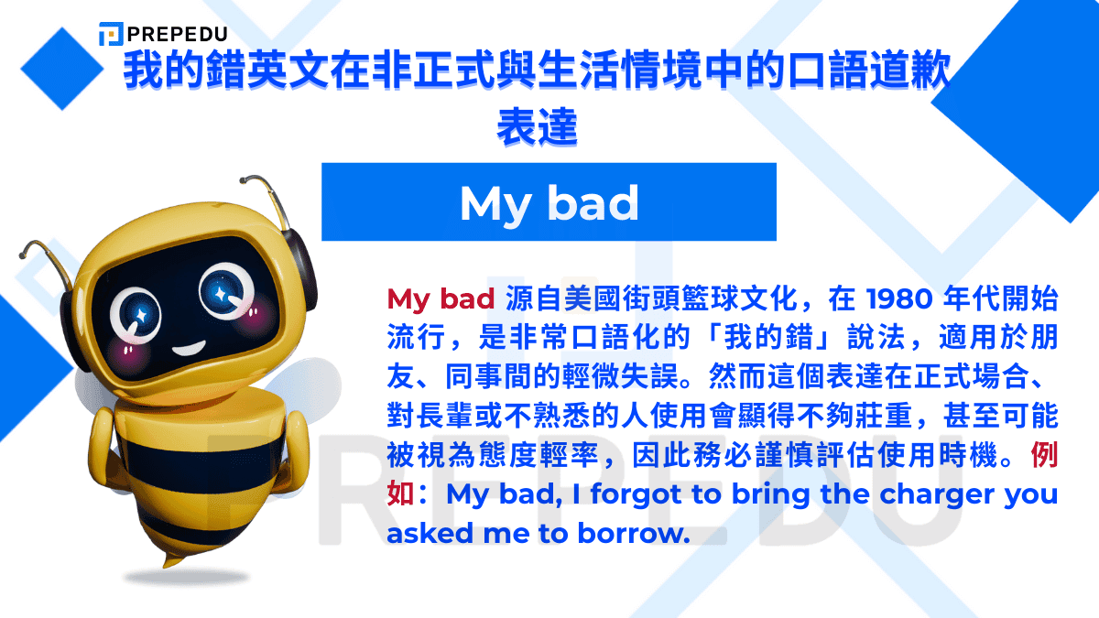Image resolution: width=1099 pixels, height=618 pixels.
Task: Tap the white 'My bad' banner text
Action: coord(549,202)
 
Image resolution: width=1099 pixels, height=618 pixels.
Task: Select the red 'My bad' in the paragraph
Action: coord(441,298)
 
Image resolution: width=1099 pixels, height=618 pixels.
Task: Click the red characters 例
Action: coord(1044,455)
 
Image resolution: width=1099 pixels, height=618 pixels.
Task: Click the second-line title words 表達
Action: coord(537,128)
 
